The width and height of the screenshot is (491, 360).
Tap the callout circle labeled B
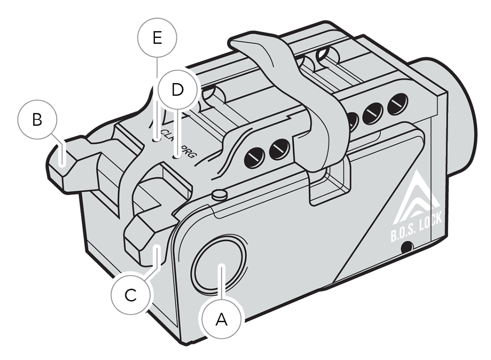[x=37, y=120]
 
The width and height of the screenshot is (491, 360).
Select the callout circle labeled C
[x=130, y=295]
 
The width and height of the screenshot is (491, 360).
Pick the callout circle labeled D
[x=178, y=90]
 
